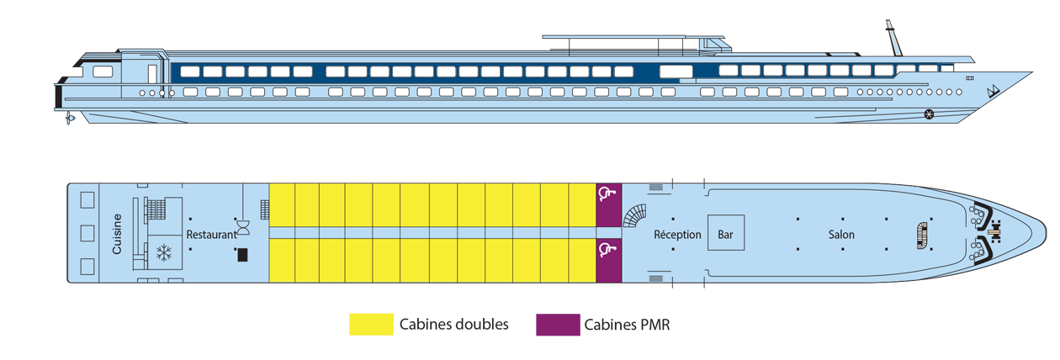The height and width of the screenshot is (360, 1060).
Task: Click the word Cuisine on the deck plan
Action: click(117, 234)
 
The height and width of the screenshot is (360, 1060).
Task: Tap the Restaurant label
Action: click(211, 235)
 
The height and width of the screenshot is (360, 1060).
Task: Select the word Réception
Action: click(677, 235)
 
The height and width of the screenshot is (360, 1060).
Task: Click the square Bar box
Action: click(724, 234)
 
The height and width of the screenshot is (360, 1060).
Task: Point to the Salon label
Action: click(840, 235)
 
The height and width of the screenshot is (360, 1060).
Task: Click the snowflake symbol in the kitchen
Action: click(164, 251)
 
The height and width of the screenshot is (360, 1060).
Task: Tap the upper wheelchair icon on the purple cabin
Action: click(607, 194)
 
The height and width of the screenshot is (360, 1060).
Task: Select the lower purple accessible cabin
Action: click(607, 260)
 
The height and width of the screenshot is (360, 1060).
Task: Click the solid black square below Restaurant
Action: click(242, 255)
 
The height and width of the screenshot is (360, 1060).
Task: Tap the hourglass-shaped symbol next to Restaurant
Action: click(243, 227)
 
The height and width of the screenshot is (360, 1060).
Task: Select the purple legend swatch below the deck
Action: click(552, 328)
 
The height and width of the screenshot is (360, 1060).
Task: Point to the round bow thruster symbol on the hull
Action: click(929, 114)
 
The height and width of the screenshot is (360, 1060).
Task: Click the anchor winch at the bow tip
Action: click(995, 226)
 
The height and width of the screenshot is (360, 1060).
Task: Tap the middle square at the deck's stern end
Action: click(87, 233)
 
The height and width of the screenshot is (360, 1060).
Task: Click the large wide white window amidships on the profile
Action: click(676, 71)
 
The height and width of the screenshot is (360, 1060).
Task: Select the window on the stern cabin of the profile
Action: click(103, 71)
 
